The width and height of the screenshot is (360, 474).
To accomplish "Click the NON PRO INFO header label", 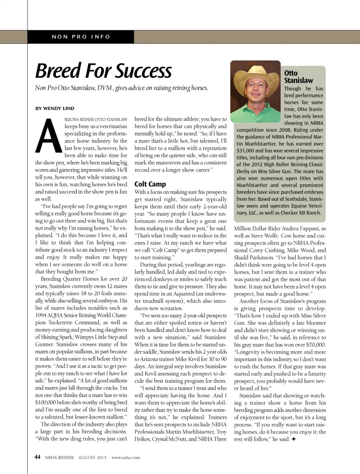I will [81, 37].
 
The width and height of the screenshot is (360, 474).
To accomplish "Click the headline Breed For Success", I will [103, 71].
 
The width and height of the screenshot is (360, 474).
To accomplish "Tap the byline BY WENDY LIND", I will [55, 108].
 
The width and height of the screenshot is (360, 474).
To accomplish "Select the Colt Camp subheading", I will [150, 184].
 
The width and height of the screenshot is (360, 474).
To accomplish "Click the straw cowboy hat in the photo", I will [255, 74].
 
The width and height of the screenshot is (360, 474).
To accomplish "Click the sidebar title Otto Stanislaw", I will [298, 77].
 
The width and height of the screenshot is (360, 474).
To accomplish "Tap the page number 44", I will [37, 457].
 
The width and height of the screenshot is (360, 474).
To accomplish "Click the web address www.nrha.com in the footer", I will [126, 458].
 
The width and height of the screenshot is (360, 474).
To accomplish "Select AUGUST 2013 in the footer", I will [92, 458].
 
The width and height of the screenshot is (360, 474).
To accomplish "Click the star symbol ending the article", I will [293, 439].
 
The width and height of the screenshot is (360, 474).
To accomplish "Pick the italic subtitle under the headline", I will [121, 88].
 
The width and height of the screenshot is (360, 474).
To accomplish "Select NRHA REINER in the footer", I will [59, 458].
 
